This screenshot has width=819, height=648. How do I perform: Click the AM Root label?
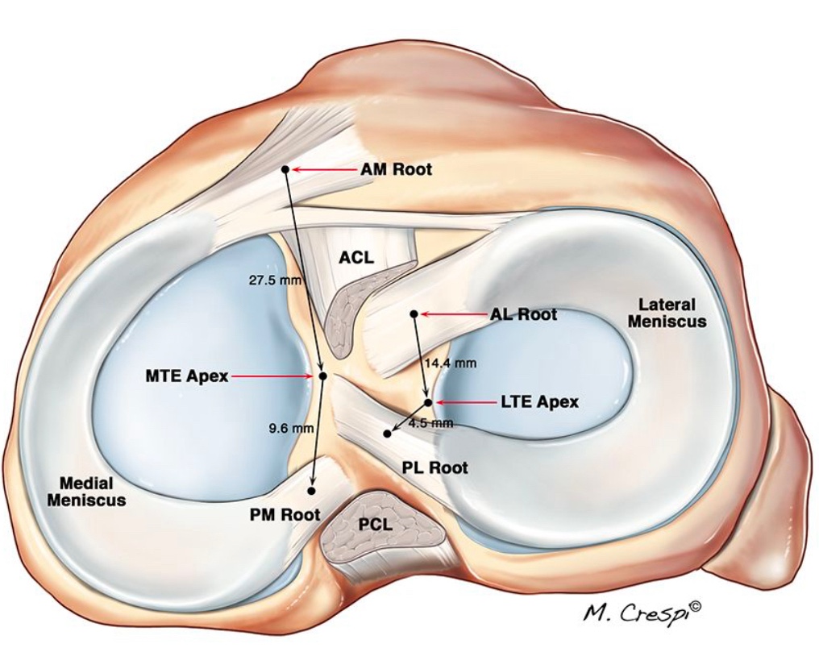pos(395,169)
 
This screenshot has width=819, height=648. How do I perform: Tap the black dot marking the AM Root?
pos(285,169)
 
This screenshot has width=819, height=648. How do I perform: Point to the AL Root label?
pos(523,314)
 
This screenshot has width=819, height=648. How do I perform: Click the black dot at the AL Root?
pos(414,314)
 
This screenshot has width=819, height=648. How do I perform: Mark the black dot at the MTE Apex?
pos(322,376)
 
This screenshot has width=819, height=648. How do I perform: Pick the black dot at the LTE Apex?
pos(429,401)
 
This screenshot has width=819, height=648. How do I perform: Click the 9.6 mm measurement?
pos(291,429)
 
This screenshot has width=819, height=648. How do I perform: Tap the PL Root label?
pos(435,467)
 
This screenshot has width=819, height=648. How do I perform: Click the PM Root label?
pos(284,514)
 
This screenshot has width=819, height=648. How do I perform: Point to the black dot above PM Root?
pos(311,490)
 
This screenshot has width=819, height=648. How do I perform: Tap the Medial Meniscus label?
pos(86,492)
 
